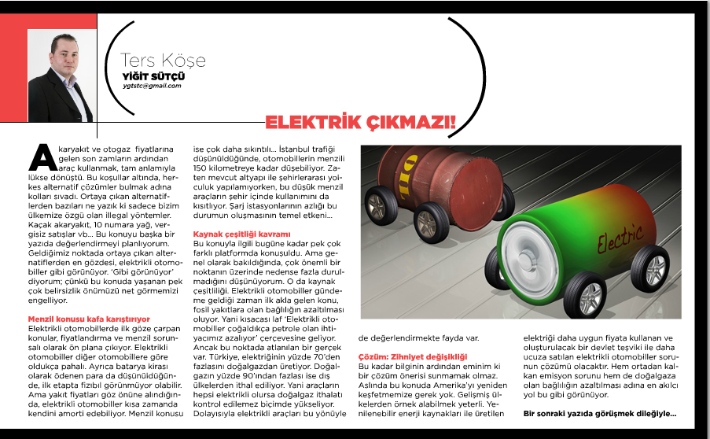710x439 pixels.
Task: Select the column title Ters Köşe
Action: [163, 61]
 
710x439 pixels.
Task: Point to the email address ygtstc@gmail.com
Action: [152, 85]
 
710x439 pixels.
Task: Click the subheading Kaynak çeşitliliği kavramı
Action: [242, 234]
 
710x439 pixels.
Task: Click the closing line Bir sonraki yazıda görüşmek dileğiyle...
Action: [600, 413]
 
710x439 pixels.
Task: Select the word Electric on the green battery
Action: [620, 236]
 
